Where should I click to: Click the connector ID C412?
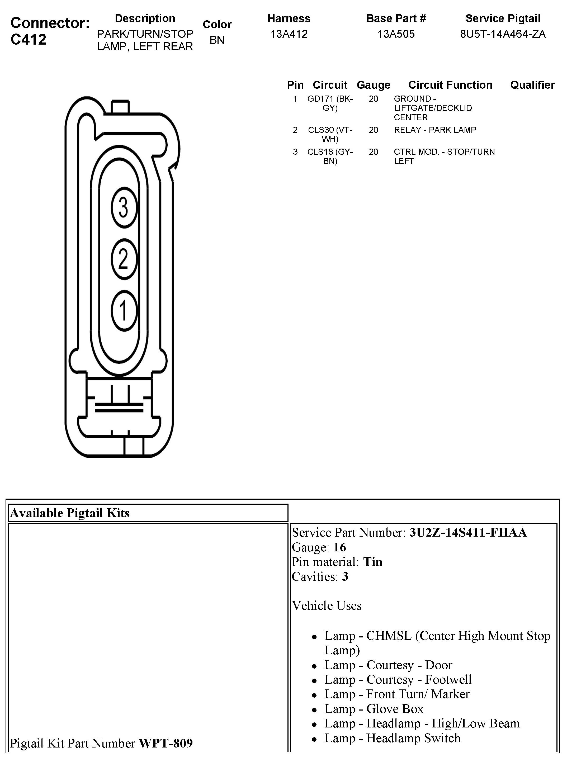tap(29, 40)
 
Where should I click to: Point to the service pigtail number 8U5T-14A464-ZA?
tap(503, 34)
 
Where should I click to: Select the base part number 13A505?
tap(396, 34)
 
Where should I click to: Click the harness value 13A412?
tap(289, 34)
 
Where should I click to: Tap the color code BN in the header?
tap(217, 40)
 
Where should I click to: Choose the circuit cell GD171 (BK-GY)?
tap(330, 103)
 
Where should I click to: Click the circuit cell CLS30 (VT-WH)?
tap(330, 135)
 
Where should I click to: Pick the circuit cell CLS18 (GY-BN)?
tap(330, 157)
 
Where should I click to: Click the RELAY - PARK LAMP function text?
tap(435, 130)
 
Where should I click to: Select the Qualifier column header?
tap(532, 85)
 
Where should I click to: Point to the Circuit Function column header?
tap(450, 85)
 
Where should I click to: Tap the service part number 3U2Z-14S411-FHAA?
tap(468, 532)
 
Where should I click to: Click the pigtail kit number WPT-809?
tap(166, 743)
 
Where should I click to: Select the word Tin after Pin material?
tap(373, 562)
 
